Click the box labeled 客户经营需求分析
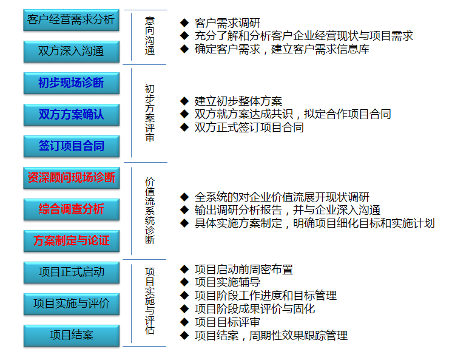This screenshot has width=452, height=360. pyautogui.click(x=71, y=20)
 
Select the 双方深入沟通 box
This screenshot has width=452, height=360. pyautogui.click(x=71, y=52)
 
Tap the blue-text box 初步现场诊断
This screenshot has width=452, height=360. pyautogui.click(x=71, y=83)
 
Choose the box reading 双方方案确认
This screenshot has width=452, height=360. pyautogui.click(x=71, y=115)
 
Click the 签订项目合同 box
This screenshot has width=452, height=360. pyautogui.click(x=71, y=146)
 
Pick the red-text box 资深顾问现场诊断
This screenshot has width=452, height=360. pyautogui.click(x=71, y=178)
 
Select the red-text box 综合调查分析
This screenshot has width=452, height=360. pyautogui.click(x=71, y=209)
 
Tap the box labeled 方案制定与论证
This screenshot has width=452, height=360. pyautogui.click(x=71, y=241)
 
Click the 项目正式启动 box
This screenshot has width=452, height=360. pyautogui.click(x=71, y=273)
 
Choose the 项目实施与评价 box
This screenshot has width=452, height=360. pyautogui.click(x=71, y=304)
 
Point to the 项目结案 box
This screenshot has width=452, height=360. pyautogui.click(x=71, y=336)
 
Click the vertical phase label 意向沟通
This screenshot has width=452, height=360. pyautogui.click(x=150, y=36)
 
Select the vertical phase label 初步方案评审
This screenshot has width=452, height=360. pyautogui.click(x=150, y=113)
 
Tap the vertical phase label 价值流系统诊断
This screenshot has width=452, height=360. pyautogui.click(x=150, y=211)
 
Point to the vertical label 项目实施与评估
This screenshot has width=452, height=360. pyautogui.click(x=150, y=301)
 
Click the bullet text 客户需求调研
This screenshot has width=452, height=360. pyautogui.click(x=227, y=23)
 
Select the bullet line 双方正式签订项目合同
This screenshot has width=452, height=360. pyautogui.click(x=249, y=127)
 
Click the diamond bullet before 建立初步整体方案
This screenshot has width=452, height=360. pyautogui.click(x=184, y=101)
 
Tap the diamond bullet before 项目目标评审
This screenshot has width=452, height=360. pyautogui.click(x=184, y=322)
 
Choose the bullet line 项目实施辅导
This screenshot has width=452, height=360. pyautogui.click(x=227, y=282)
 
